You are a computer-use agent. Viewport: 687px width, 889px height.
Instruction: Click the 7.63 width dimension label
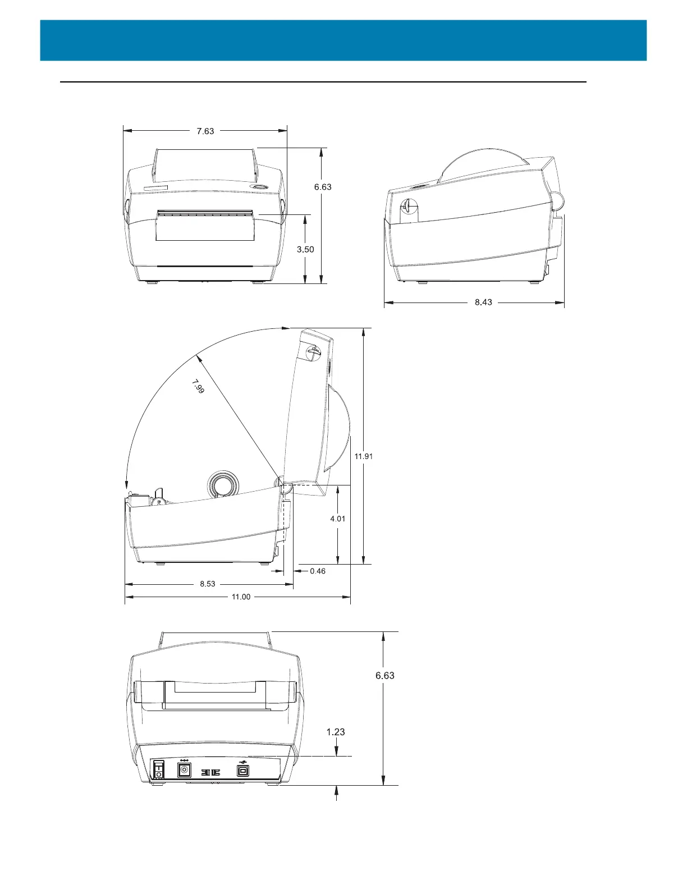point(205,131)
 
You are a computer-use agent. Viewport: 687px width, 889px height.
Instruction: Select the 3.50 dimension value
point(305,250)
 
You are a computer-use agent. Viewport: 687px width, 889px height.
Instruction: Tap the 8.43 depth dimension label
point(483,302)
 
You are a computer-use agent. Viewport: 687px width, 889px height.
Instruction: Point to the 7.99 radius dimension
point(198,387)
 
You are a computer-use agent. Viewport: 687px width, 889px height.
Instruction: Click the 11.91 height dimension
point(363,456)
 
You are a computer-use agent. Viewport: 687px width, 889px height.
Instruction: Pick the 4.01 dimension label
point(337,519)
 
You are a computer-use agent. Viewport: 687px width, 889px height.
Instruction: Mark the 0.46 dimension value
point(318,571)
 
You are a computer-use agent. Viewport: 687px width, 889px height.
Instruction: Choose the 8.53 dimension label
point(208,584)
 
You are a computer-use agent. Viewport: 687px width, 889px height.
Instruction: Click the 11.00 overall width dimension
point(241,597)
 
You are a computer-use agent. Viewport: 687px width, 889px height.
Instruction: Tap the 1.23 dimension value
point(336,732)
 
